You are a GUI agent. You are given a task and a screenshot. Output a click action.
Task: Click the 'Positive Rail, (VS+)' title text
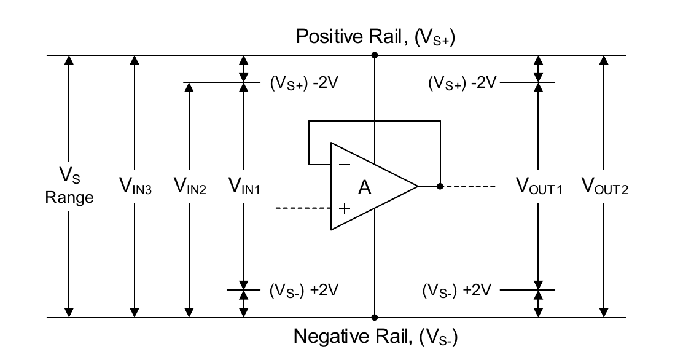point(375,37)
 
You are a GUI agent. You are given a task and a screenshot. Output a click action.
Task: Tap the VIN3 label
point(135,186)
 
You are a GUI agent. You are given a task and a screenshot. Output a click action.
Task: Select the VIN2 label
point(190,186)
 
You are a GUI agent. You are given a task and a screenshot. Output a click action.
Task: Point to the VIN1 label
point(244,186)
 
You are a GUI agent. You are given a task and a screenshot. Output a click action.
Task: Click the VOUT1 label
point(538,186)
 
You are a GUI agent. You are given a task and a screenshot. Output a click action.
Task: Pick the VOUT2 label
point(605,186)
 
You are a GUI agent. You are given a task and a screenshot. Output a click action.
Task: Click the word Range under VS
point(69,198)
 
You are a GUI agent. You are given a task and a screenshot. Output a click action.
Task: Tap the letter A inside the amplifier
point(365,188)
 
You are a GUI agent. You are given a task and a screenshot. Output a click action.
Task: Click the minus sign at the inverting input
point(345,165)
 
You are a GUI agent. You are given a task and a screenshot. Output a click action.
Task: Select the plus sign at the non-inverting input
point(345,208)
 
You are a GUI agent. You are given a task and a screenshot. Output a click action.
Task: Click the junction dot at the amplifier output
point(440,186)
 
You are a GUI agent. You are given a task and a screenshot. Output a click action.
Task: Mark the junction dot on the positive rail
point(374,55)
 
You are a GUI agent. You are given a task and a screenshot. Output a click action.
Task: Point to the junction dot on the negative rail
point(374,318)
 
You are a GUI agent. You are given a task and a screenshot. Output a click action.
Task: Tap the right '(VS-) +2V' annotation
point(457,290)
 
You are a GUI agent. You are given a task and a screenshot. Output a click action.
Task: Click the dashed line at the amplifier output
point(470,186)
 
